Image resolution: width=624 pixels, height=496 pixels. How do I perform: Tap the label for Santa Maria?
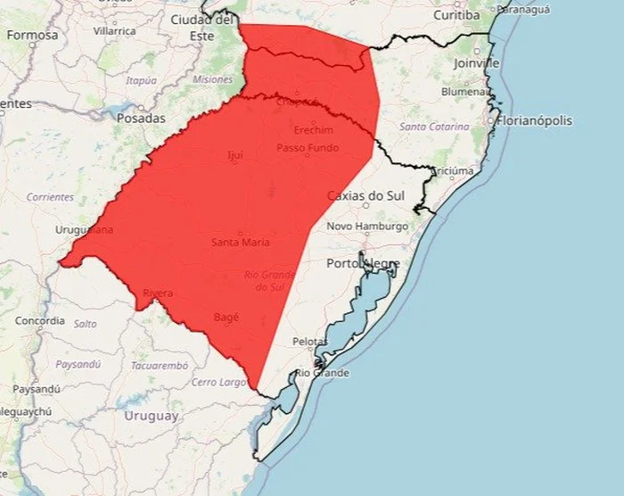[x=241, y=243]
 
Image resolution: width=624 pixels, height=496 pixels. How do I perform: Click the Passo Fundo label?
[x=308, y=147]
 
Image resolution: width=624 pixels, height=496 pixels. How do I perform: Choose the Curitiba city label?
[x=457, y=15]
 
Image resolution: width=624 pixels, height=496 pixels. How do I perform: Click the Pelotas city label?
[x=310, y=342]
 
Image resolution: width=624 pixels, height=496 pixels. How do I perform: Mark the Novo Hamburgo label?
[x=367, y=227]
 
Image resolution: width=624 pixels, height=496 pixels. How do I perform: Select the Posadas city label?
[x=140, y=118]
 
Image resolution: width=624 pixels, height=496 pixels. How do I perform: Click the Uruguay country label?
[x=152, y=416]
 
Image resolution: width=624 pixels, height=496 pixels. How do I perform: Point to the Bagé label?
[x=226, y=317]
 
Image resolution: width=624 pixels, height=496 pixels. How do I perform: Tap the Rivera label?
[x=158, y=293]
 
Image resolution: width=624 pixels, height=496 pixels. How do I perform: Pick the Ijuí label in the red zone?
[x=235, y=155]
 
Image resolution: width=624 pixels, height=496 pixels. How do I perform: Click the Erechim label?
[x=313, y=130]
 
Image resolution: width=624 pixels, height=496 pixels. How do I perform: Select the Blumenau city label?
[x=464, y=91]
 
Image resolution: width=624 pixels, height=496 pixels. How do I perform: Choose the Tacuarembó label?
[x=160, y=366]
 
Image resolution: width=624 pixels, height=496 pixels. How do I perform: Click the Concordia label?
[x=40, y=320]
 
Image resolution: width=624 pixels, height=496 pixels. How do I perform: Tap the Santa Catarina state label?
[x=434, y=128]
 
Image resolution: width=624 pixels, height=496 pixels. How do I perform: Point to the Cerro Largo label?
[x=219, y=382]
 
